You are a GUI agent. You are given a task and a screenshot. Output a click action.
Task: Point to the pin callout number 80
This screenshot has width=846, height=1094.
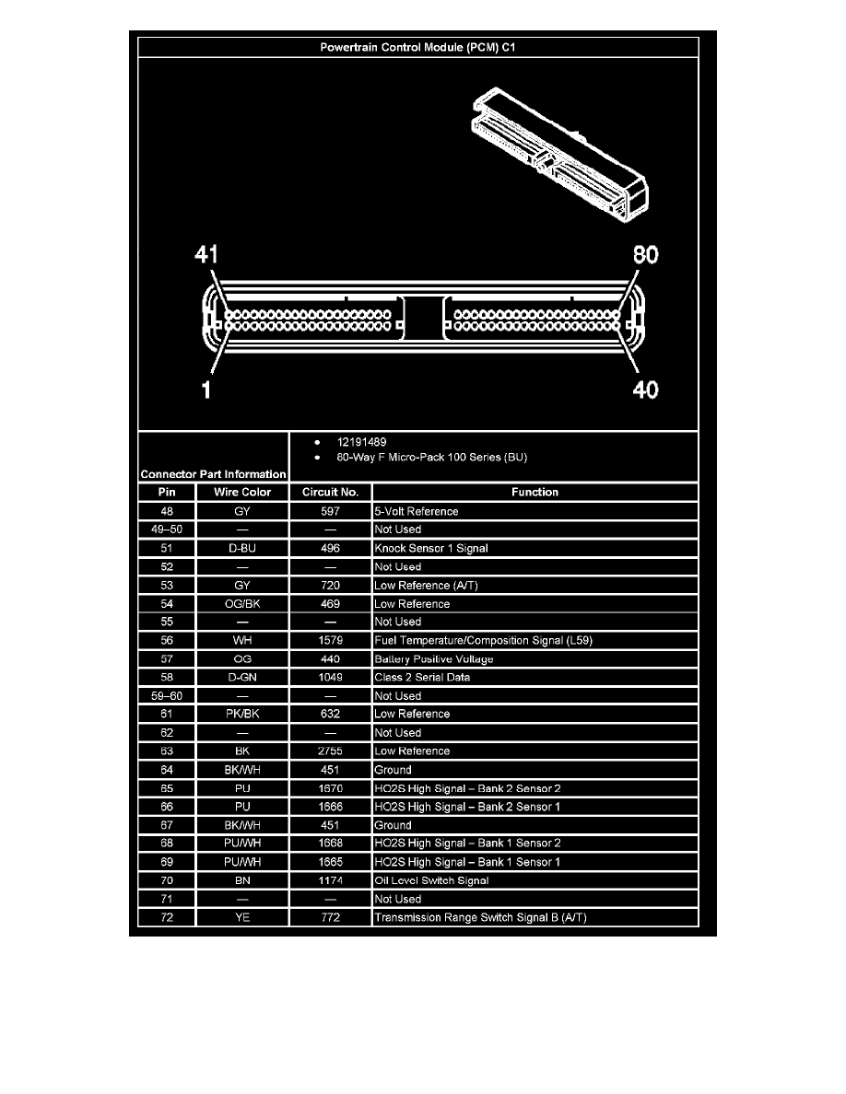point(645,255)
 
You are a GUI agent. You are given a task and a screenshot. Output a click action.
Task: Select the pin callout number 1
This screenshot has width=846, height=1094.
point(206,390)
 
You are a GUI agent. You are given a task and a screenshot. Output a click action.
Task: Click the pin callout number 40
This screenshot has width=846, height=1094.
point(645,390)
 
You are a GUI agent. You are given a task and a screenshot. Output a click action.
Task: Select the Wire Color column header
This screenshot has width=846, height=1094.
point(242,493)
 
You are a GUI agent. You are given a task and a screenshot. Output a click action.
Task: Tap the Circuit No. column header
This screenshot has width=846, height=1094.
point(330,493)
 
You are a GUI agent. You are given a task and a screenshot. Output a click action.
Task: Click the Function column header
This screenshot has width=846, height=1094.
point(535,493)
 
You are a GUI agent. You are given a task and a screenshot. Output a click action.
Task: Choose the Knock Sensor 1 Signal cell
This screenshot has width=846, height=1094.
point(430,549)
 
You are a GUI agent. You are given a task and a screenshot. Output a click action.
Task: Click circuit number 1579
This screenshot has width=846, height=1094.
point(330,641)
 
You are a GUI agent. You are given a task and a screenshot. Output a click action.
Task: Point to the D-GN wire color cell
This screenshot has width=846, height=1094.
point(242,678)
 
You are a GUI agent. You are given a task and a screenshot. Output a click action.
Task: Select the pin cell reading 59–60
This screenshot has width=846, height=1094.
point(166,696)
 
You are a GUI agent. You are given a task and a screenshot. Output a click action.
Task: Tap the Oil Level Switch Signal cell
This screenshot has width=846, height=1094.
point(431,880)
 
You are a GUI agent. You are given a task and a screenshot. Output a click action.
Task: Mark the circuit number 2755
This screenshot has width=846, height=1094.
point(330,751)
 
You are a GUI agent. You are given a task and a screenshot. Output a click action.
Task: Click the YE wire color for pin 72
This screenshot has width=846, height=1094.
point(242,918)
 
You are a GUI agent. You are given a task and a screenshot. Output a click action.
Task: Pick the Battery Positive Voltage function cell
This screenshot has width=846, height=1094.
point(433,659)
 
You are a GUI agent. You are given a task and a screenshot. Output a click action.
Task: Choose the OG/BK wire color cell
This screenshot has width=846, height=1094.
point(242,604)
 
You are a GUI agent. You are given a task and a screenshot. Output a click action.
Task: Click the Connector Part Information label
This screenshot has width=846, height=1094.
point(213,474)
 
